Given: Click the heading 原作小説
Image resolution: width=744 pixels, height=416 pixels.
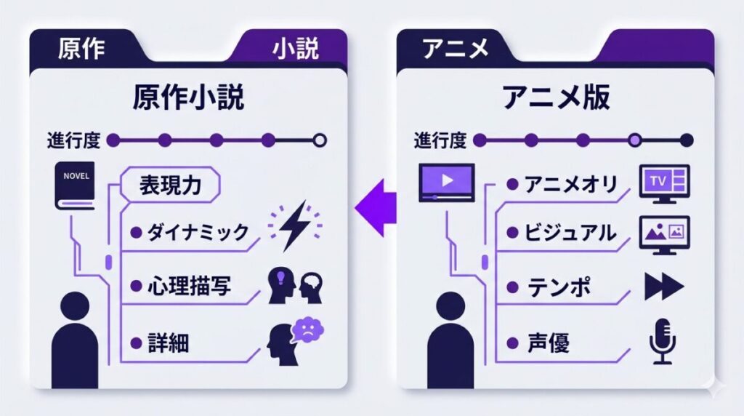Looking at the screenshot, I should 188,97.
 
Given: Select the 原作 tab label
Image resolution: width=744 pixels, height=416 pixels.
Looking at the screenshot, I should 81,49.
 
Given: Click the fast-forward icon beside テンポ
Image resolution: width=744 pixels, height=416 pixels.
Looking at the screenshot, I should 663,287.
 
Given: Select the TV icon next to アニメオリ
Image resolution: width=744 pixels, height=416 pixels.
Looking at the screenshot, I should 663,183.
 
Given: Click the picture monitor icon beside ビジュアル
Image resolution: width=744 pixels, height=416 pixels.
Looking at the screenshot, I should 663,233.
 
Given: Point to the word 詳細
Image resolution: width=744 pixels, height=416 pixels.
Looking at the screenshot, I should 168,341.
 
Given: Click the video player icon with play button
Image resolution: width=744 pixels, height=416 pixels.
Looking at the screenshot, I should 446,182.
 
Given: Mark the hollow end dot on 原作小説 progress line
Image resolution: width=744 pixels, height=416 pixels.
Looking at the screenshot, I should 319,140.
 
